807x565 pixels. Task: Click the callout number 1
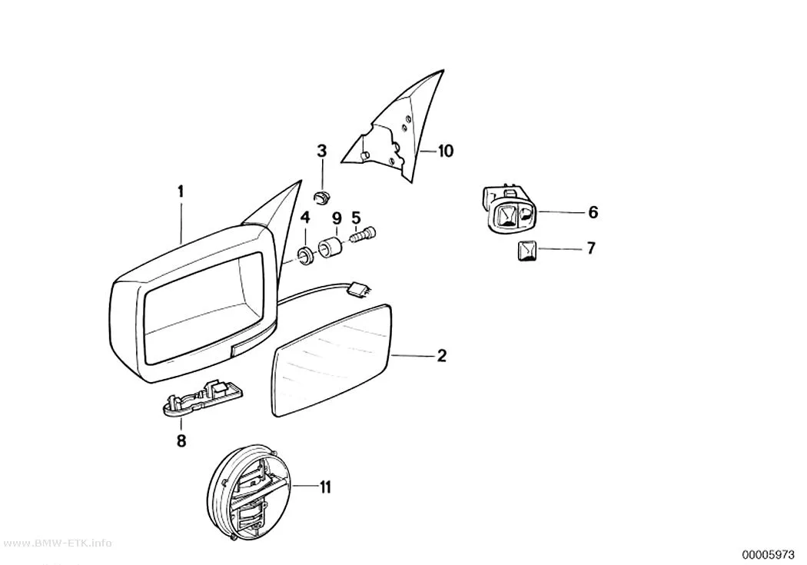point(181,192)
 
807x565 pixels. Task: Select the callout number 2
point(442,356)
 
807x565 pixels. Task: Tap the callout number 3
point(322,151)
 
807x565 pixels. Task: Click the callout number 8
point(181,441)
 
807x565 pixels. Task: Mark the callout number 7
point(591,248)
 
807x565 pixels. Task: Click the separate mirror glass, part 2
point(331,361)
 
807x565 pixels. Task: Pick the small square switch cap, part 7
point(527,251)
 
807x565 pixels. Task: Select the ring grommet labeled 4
point(305,256)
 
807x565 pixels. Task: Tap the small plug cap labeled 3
point(323,197)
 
